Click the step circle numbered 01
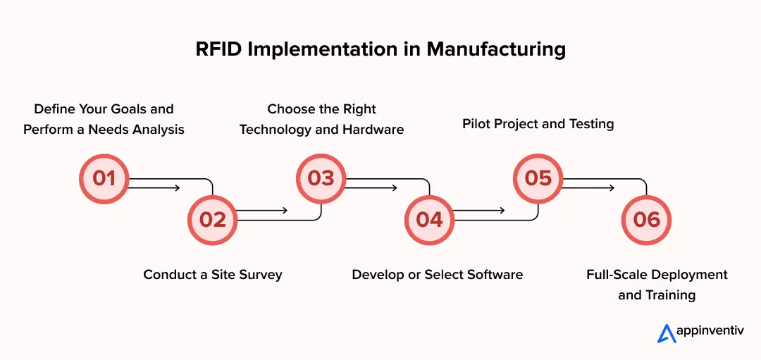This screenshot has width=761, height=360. (104, 178)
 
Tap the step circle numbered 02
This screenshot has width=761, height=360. (212, 220)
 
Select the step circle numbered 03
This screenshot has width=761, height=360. (321, 178)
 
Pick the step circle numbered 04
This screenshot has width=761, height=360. (429, 220)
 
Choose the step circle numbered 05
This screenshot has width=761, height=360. (538, 178)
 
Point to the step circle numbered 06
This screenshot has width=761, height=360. (646, 220)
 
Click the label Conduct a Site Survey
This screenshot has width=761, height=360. (212, 274)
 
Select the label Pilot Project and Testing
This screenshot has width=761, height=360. (538, 124)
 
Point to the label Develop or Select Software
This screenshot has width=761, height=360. (437, 274)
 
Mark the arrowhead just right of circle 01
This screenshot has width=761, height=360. (178, 188)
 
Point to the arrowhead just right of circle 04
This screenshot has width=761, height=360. (502, 210)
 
